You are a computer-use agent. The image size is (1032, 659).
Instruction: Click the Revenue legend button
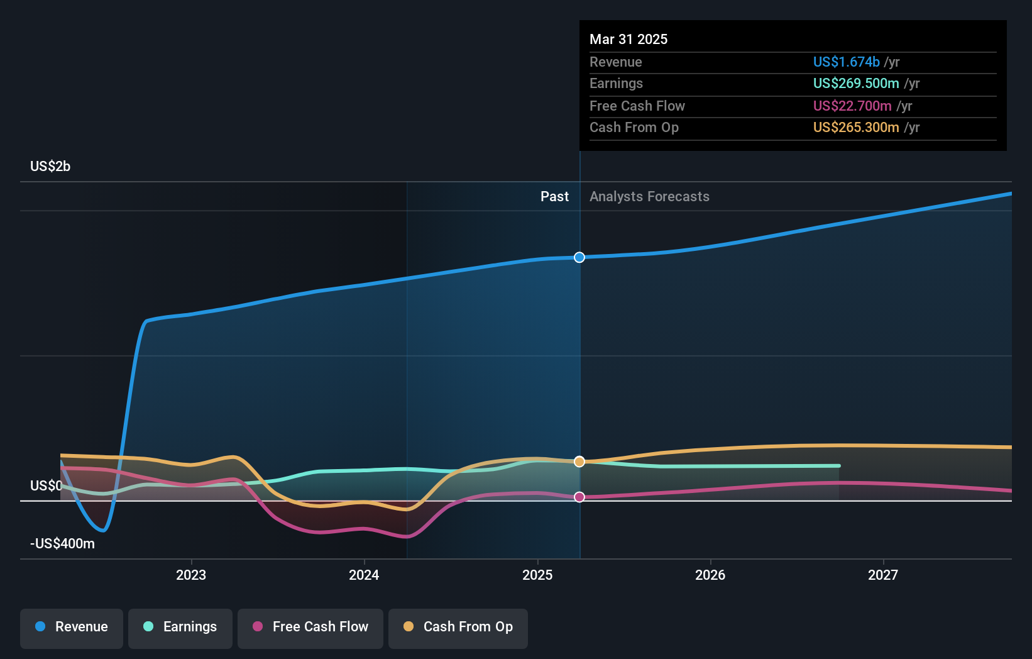(72, 627)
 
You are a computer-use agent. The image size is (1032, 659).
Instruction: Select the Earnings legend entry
(180, 627)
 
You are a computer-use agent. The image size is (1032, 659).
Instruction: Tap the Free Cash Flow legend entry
(310, 627)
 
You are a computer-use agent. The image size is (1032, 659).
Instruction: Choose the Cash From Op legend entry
(458, 627)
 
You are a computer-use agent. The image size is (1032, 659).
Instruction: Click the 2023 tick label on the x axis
(191, 575)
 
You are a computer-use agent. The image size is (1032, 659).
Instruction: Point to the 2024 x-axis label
(364, 575)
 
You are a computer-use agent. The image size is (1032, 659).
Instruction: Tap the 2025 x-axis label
(537, 575)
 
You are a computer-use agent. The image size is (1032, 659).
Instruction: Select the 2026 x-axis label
(710, 575)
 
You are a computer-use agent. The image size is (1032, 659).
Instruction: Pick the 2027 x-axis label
(883, 575)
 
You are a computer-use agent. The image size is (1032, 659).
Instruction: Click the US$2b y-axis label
(50, 167)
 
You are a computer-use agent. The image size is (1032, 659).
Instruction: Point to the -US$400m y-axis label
(62, 544)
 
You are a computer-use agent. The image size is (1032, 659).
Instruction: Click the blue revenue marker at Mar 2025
(579, 257)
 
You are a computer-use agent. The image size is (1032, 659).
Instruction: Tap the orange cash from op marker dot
(579, 462)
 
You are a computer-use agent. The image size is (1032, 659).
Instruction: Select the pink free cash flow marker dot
(579, 497)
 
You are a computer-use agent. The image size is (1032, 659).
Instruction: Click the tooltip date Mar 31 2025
(629, 39)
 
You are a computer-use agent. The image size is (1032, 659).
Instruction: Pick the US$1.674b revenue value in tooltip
(846, 62)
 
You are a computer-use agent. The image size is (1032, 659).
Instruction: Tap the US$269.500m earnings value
(855, 84)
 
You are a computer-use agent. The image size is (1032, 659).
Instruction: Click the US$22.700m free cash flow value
(852, 106)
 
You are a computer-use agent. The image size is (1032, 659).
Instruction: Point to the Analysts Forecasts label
(649, 197)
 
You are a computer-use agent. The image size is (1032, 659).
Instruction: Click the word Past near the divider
(554, 197)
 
